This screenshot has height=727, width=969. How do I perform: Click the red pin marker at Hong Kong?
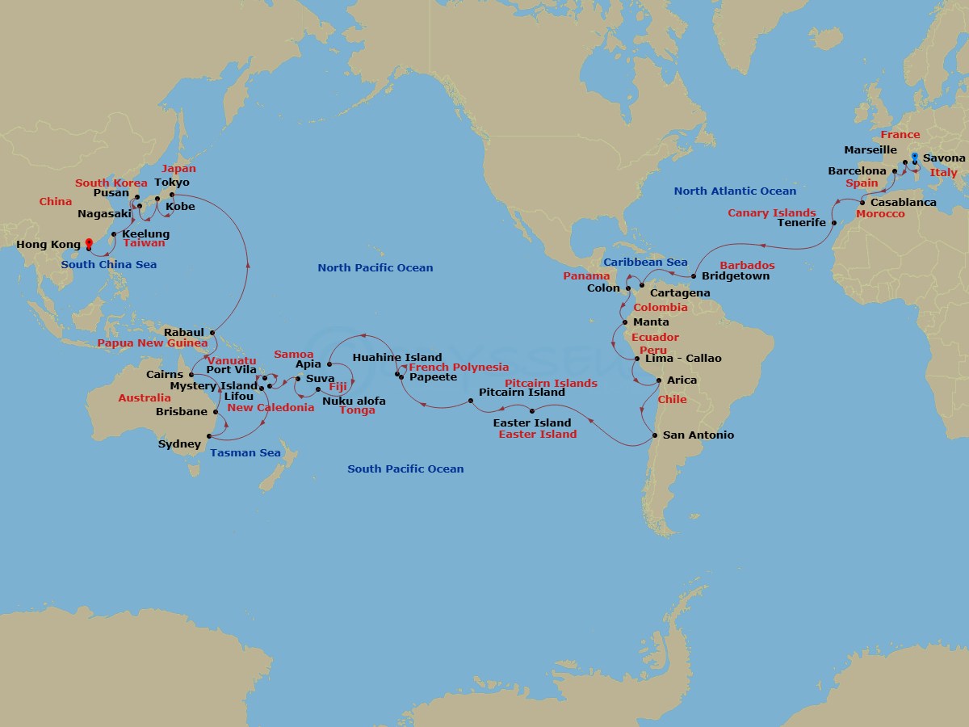(88, 242)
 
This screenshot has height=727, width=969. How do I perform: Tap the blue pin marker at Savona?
(914, 158)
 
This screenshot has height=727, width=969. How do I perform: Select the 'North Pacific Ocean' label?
(375, 268)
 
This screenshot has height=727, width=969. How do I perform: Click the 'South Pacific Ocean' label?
(405, 469)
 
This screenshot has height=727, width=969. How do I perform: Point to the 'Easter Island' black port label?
(531, 422)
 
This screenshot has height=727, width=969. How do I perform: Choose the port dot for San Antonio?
(654, 435)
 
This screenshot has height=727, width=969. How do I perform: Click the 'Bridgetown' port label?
(736, 276)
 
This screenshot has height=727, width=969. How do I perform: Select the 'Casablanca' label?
(903, 202)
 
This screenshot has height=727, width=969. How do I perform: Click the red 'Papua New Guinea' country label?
(153, 342)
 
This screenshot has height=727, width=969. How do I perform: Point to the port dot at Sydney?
(209, 436)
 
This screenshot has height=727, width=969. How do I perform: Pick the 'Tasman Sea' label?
(245, 453)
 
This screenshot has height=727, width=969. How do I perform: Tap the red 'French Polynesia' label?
(459, 368)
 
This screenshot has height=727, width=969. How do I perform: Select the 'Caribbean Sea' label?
(645, 263)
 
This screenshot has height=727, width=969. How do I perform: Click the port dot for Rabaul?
(212, 332)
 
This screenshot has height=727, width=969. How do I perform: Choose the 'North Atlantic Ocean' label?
(735, 191)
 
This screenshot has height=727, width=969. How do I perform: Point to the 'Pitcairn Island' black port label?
(522, 393)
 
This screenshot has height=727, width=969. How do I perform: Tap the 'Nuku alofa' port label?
(354, 401)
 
